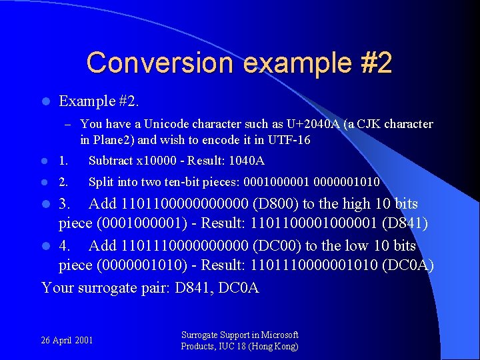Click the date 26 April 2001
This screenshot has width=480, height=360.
click(67, 340)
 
